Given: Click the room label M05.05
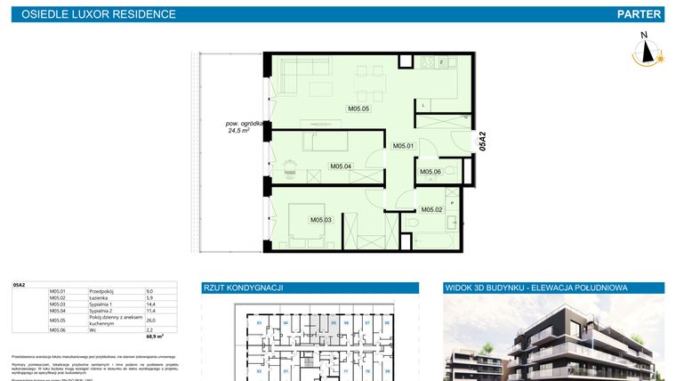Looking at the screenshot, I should (x=358, y=109).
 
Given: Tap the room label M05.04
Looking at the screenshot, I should (x=341, y=166).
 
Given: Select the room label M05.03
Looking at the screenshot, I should (x=320, y=220).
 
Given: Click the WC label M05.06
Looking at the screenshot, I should (x=431, y=172).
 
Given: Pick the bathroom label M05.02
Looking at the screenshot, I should (x=432, y=209).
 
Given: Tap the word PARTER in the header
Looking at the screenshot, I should (x=640, y=14).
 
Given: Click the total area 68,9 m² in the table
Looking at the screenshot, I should (x=155, y=337).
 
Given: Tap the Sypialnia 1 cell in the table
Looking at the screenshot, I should (x=101, y=304).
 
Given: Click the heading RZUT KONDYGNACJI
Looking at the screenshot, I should (x=244, y=288).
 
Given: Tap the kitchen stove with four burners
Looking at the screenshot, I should (x=443, y=63).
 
